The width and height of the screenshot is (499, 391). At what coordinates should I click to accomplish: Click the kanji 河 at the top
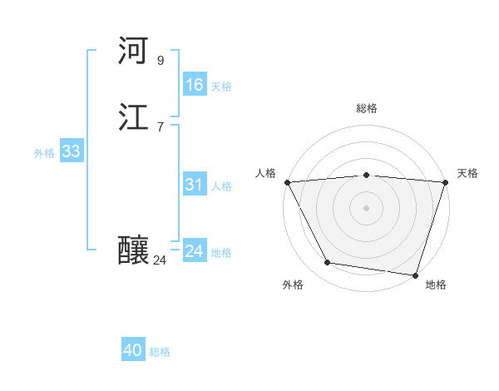click(133, 51)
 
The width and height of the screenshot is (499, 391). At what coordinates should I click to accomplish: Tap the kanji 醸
click(133, 250)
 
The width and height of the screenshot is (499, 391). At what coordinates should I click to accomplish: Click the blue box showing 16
click(194, 85)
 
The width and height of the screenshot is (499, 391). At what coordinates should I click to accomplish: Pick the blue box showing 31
click(194, 185)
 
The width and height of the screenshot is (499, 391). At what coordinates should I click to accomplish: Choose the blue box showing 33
click(71, 151)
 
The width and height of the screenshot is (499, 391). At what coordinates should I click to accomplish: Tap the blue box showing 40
click(133, 350)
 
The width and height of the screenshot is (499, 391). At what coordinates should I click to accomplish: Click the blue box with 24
click(194, 251)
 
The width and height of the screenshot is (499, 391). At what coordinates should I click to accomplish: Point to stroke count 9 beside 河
click(161, 60)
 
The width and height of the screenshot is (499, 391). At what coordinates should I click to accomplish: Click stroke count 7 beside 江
click(161, 127)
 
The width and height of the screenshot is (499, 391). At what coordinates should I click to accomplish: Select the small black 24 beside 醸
click(161, 260)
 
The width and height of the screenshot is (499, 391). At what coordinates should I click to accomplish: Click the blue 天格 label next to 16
click(221, 87)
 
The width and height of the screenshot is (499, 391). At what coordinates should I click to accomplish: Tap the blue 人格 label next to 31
click(221, 186)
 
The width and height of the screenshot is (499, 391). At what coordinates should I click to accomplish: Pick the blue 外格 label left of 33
click(44, 153)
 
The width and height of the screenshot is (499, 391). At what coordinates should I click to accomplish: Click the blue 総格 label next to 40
click(160, 352)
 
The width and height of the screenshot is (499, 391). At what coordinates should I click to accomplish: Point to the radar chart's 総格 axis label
click(367, 108)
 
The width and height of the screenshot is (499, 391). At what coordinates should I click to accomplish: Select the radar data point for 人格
click(287, 182)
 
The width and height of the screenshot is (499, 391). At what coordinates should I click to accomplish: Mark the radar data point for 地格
click(415, 275)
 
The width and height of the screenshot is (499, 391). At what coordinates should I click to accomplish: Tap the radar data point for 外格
click(328, 263)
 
